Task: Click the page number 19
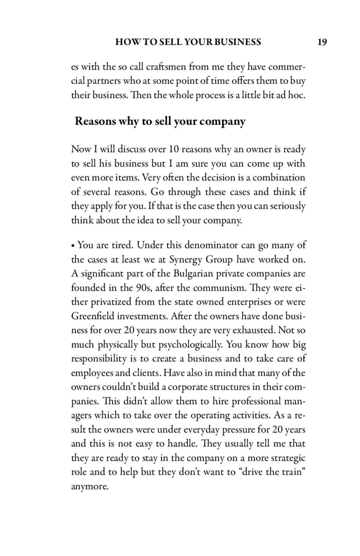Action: pyautogui.click(x=322, y=42)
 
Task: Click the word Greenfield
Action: pyautogui.click(x=92, y=316)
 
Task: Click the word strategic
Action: pyautogui.click(x=288, y=459)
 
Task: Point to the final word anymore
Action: pyautogui.click(x=89, y=487)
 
